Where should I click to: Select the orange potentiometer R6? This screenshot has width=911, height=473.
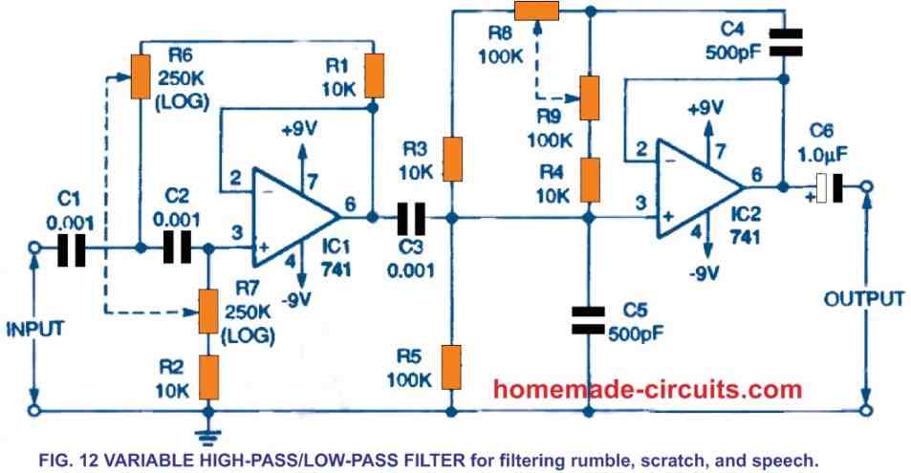tap(141, 76)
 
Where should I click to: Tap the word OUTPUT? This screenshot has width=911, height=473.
tap(864, 298)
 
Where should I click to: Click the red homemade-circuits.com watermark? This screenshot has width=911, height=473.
tap(647, 389)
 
